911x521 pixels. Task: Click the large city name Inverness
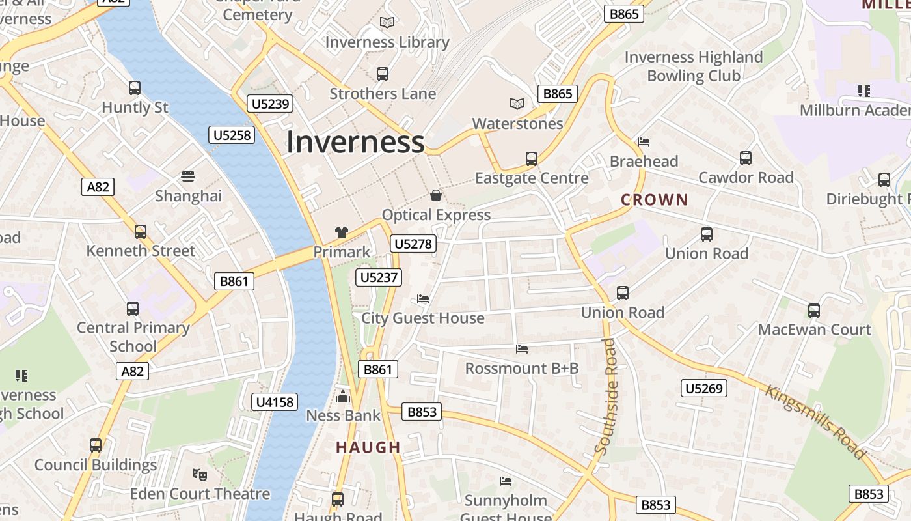[x=355, y=143]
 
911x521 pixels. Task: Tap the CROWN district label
[x=654, y=200]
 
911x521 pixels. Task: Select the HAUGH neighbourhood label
[x=368, y=447]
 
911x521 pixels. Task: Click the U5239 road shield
[x=271, y=104]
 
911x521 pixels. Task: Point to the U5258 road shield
[x=232, y=135]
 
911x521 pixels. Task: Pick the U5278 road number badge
[x=413, y=244]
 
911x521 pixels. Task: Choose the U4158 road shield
[x=275, y=402]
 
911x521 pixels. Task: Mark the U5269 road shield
[x=704, y=389]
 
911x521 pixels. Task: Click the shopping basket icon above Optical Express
[x=436, y=195]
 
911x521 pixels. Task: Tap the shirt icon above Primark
[x=342, y=232]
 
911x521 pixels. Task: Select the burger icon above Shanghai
[x=188, y=176]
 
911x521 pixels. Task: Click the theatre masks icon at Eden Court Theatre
[x=200, y=474]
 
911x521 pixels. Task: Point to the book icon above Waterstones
[x=517, y=104]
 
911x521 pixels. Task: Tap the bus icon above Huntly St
[x=135, y=88]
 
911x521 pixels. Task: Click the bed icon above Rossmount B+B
[x=522, y=349]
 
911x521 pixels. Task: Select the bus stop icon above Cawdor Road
[x=746, y=158]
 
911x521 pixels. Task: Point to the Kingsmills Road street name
[x=815, y=422]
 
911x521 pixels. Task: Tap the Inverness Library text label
[x=387, y=42]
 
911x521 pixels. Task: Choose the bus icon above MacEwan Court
[x=813, y=311]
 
